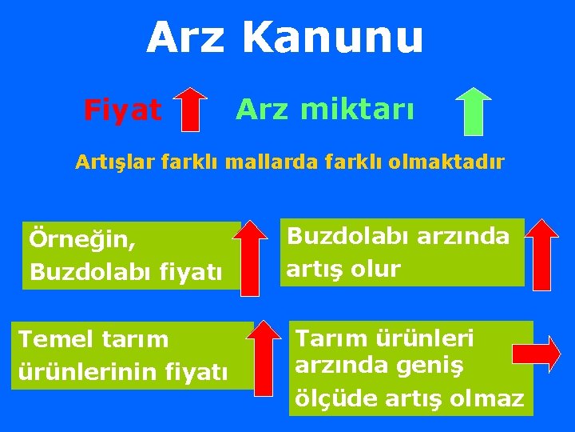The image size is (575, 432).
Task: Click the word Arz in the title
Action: (x=185, y=38)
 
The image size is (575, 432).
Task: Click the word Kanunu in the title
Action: (x=332, y=38)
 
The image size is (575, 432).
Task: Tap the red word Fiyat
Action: (x=122, y=110)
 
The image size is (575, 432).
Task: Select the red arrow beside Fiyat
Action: (x=190, y=109)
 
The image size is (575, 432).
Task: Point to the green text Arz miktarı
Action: (x=324, y=110)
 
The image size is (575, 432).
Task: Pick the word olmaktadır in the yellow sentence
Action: (x=456, y=163)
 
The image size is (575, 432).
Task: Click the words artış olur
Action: (x=343, y=269)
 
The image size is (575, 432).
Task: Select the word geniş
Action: (x=458, y=366)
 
